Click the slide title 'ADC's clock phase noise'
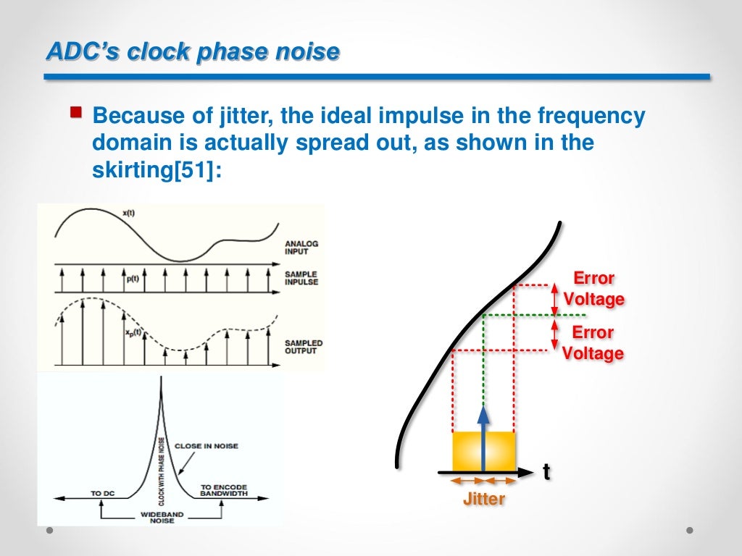pos(192,51)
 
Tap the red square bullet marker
pos(75,112)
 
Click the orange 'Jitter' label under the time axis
pos(483,499)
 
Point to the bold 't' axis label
pos(546,472)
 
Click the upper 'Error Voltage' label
pos(593,289)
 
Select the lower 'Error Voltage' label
pos(593,343)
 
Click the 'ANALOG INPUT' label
pos(301,248)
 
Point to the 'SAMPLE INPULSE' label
pos(302,278)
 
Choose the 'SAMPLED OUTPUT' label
pos(303,347)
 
